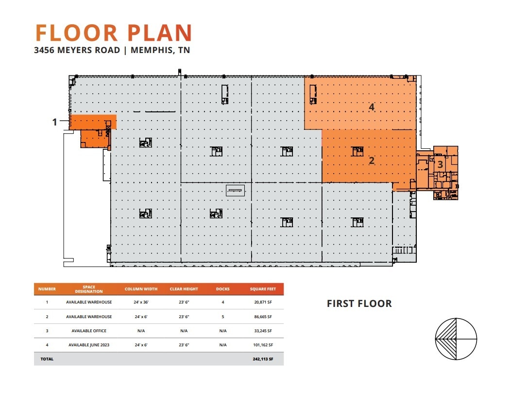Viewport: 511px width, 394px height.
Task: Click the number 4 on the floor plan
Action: pos(372,107)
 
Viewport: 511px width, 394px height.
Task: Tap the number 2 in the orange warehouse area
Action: pos(372,160)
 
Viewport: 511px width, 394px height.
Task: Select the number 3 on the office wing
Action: pos(440,164)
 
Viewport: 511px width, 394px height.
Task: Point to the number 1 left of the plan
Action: pos(55,122)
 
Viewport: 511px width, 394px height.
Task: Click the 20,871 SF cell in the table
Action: pos(262,302)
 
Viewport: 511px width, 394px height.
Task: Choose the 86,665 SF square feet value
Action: pos(262,317)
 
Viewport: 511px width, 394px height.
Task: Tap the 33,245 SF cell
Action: pos(262,331)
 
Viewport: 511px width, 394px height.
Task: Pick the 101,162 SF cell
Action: pos(262,345)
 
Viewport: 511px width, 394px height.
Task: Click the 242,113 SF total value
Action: pos(262,359)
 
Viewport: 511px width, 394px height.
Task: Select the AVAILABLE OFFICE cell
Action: pos(89,331)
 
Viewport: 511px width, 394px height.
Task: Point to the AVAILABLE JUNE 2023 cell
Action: pos(89,345)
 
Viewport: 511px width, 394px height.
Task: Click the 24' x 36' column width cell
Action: pos(141,302)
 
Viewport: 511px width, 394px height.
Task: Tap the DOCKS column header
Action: pos(223,289)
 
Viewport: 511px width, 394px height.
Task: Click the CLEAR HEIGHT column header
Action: pos(184,289)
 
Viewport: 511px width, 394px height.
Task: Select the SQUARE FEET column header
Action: pos(263,289)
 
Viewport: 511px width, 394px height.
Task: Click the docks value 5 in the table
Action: pos(223,317)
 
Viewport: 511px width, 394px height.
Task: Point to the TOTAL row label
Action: pos(48,359)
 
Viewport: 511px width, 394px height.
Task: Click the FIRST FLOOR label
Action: pos(359,304)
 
